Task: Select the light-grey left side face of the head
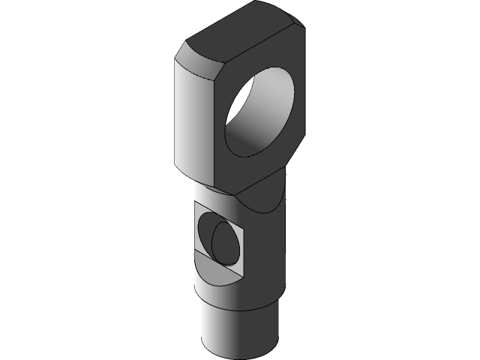click(x=193, y=120)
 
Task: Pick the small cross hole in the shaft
click(x=223, y=238)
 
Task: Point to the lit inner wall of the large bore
click(x=247, y=135)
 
